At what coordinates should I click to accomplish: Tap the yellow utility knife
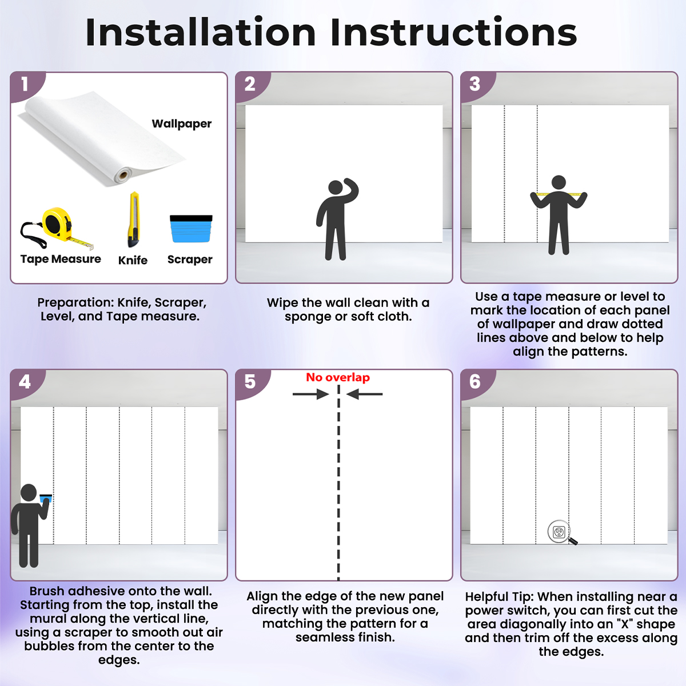(x=134, y=220)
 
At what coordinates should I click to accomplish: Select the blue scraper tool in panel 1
(x=191, y=229)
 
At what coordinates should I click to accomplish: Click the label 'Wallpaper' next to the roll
(x=182, y=124)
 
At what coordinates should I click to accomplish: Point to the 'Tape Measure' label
(x=61, y=259)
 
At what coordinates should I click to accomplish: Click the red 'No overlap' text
(x=338, y=377)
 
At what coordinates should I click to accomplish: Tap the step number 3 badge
(x=475, y=85)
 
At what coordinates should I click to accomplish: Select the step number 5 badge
(x=250, y=382)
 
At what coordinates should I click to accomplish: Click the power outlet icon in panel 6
(x=559, y=532)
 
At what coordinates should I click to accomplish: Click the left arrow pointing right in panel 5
(x=310, y=394)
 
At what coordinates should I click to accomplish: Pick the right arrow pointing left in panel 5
(x=365, y=394)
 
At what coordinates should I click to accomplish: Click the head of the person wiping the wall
(x=336, y=188)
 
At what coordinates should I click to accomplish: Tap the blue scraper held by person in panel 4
(x=46, y=498)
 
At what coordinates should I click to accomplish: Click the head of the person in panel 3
(x=559, y=182)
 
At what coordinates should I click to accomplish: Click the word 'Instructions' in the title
(x=453, y=33)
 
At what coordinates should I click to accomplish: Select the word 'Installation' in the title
(x=201, y=33)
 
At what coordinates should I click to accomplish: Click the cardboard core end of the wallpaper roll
(x=123, y=175)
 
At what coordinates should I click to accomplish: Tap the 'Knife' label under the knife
(x=133, y=260)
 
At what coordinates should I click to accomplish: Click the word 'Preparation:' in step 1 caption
(x=76, y=303)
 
